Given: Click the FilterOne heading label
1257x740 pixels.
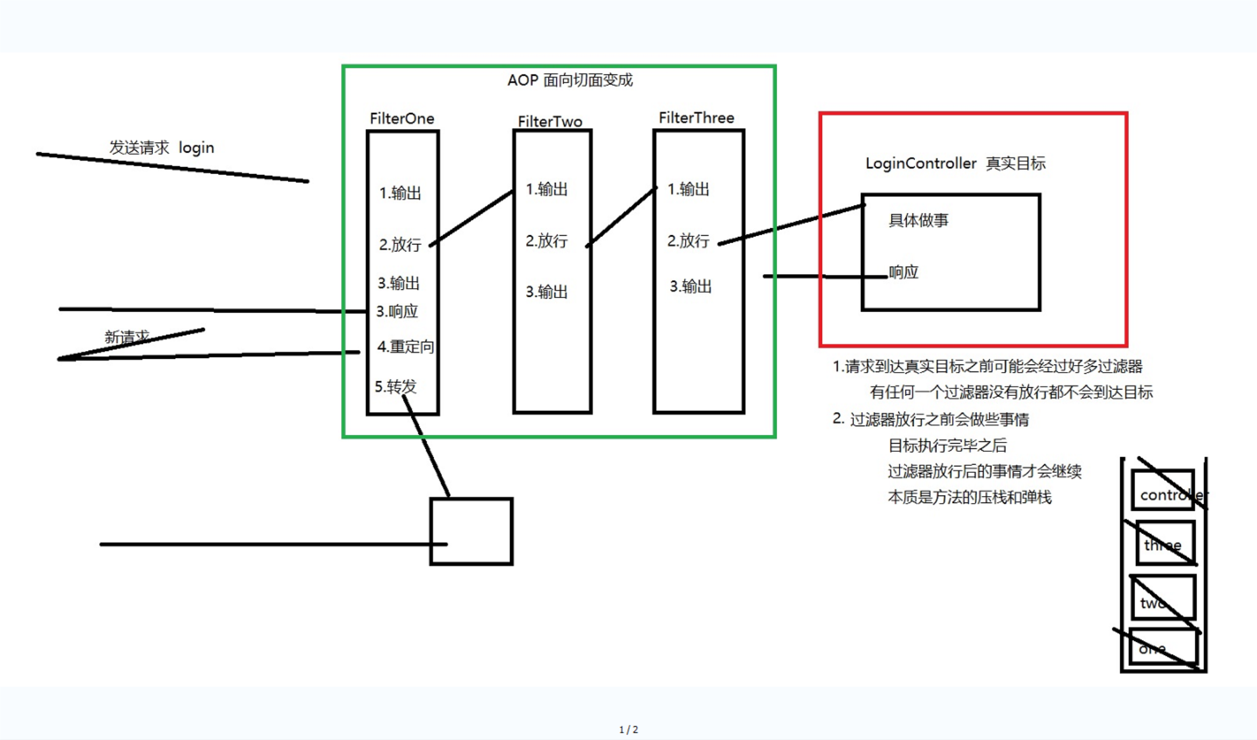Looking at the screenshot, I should coord(402,119).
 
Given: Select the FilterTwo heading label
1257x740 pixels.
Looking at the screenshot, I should coord(550,122).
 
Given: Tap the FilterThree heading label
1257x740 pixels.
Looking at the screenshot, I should coord(696,118).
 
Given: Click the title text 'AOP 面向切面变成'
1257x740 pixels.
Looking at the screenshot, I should coord(570,80).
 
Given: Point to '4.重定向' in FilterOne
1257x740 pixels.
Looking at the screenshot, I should coord(406,347).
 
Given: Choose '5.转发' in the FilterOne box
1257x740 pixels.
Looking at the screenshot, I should coord(396,387).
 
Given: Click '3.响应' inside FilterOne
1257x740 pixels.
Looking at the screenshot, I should coord(397,311).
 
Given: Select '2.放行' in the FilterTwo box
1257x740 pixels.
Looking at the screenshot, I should coord(546,241).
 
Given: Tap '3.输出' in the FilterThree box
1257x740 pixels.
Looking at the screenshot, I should coord(691,286).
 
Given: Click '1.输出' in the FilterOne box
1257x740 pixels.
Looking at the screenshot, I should coord(400,193).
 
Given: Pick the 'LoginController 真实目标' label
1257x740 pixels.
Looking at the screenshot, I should coord(955,164).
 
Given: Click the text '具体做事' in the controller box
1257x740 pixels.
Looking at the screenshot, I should coord(918,221).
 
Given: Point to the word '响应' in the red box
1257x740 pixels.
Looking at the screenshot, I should coord(904,272).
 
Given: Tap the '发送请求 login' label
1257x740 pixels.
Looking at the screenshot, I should coord(162,148).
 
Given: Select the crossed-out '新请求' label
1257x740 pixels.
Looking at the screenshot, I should coord(127,337).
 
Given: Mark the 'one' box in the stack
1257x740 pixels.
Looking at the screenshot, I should coord(1163,646).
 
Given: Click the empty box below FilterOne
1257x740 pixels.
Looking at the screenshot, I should coord(471,531).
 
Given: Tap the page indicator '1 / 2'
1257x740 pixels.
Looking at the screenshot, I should coord(628,730).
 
